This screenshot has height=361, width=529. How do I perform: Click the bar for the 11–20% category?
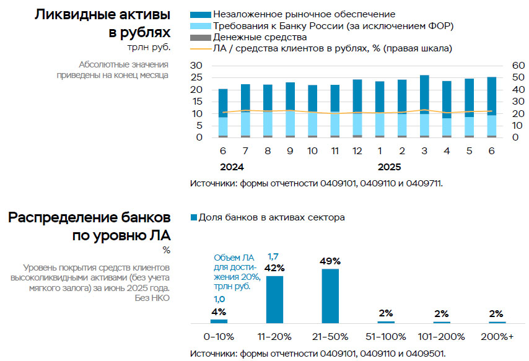tap(274, 299)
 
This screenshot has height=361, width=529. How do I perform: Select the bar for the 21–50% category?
tap(330, 295)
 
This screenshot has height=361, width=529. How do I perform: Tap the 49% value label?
tap(330, 261)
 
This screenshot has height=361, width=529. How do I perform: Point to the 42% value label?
tap(274, 268)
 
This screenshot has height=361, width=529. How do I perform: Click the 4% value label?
tap(219, 312)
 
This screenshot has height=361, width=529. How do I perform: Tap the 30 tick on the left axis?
tap(196, 66)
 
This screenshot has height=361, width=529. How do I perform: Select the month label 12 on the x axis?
tap(357, 151)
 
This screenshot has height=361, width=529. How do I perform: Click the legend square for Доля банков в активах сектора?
tap(193, 217)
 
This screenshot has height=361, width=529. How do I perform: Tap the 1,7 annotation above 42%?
tap(274, 256)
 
